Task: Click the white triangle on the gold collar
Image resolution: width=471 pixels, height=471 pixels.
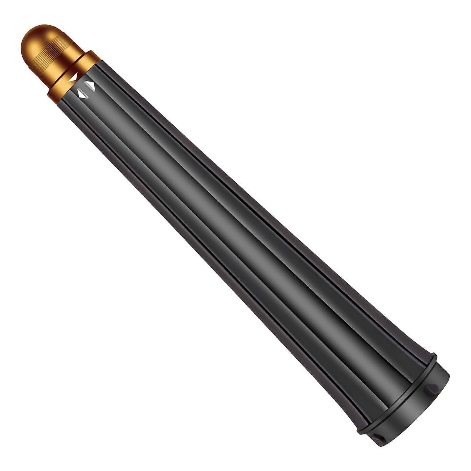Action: click(x=73, y=78)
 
